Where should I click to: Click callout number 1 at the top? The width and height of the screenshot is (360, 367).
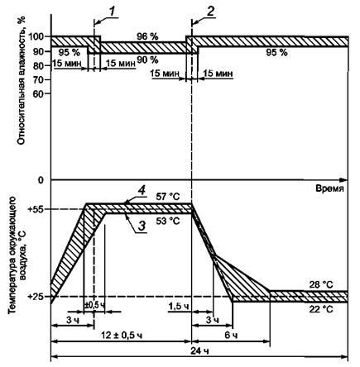tap(112, 12)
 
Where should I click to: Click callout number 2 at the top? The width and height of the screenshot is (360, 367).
tap(210, 12)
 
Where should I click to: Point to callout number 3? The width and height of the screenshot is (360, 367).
tap(141, 226)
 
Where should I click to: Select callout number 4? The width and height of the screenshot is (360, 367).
tap(142, 191)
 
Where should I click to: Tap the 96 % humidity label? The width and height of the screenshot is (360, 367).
tap(147, 36)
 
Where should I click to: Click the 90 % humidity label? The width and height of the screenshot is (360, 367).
tap(147, 60)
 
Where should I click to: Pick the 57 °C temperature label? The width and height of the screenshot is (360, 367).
tap(168, 197)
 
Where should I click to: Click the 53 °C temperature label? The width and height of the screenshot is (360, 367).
tap(168, 221)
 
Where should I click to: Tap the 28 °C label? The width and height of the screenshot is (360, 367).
tap(321, 284)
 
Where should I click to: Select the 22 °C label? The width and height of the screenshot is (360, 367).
tap(321, 309)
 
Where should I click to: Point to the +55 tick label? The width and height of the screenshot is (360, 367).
tap(36, 209)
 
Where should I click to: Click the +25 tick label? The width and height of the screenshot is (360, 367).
tap(36, 297)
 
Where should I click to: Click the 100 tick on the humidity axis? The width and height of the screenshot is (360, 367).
tap(36, 36)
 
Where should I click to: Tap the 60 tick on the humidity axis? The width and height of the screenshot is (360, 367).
tap(39, 94)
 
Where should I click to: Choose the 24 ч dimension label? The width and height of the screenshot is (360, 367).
tap(199, 351)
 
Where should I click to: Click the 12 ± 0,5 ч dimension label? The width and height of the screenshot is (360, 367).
tap(122, 336)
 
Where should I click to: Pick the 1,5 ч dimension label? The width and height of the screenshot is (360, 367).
tap(179, 306)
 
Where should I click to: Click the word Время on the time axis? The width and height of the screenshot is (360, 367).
tap(329, 188)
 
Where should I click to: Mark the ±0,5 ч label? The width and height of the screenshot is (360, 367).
tap(94, 305)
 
